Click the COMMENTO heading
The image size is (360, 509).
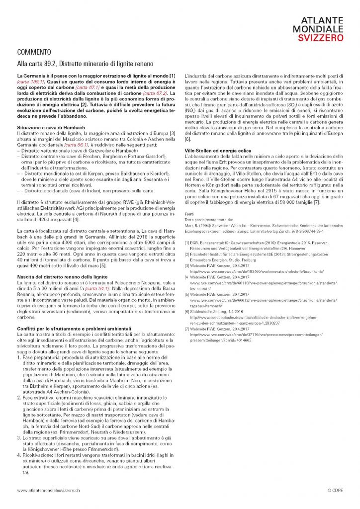(34, 52)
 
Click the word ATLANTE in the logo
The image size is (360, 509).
(324, 20)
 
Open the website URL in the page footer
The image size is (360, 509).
(49, 490)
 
